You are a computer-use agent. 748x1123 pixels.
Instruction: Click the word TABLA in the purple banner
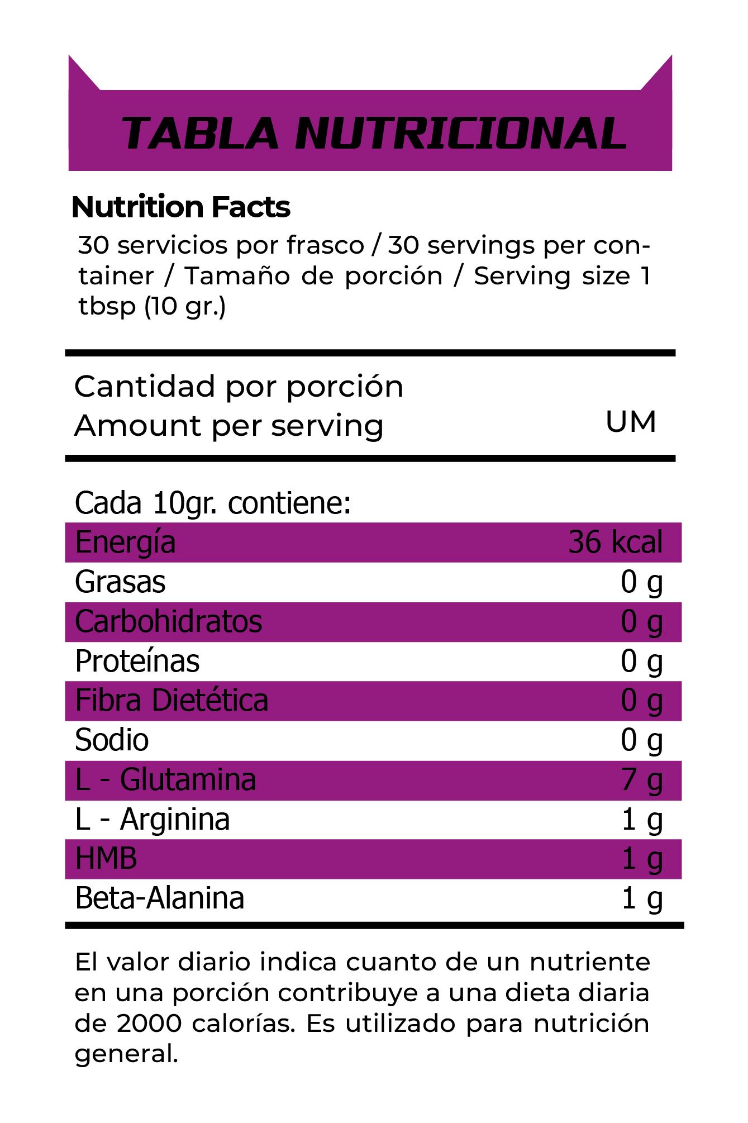[x=200, y=134]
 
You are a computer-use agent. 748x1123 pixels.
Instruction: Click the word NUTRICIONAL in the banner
[x=461, y=134]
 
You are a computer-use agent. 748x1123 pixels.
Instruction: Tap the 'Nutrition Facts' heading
[x=181, y=207]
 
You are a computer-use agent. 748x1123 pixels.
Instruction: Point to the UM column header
[x=631, y=422]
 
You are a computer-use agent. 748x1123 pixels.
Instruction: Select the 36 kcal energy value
[x=615, y=543]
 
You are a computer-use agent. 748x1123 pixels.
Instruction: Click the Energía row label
[x=125, y=543]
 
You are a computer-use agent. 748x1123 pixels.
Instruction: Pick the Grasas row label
[x=120, y=582]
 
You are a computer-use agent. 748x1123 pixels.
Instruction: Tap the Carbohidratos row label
[x=168, y=622]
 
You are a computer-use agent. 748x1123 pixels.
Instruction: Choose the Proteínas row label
[x=137, y=662]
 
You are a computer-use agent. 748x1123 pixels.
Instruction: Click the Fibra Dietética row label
[x=171, y=701]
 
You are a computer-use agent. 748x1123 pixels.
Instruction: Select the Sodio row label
[x=112, y=740]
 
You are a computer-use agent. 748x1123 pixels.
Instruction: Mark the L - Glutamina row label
[x=165, y=780]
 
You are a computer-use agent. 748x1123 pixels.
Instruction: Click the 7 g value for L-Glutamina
[x=641, y=780]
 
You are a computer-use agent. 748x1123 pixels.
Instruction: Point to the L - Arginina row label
[x=152, y=820]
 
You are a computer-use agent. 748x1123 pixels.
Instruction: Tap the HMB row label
[x=106, y=859]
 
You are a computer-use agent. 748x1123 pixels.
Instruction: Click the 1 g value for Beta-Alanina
[x=641, y=898]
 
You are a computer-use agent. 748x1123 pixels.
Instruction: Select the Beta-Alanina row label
[x=160, y=898]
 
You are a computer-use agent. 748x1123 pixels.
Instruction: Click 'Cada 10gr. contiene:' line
[x=213, y=503]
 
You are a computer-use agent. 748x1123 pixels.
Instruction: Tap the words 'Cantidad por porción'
[x=239, y=387]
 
